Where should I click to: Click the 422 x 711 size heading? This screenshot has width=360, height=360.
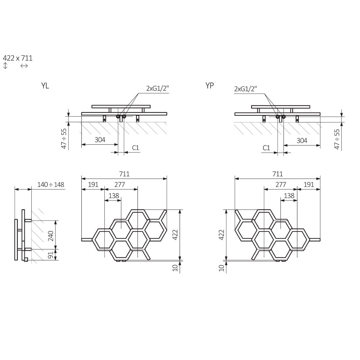(x=18, y=58)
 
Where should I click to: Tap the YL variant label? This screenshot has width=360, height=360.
(x=45, y=86)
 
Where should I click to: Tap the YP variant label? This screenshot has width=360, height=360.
(x=210, y=85)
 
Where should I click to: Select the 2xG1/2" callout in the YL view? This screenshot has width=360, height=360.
(x=158, y=88)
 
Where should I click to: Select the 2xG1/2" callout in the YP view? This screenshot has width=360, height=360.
(x=246, y=89)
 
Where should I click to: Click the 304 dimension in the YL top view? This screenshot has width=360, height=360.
(x=100, y=140)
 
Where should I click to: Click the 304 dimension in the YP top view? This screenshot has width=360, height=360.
(x=302, y=140)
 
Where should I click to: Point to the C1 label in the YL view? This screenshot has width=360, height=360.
(x=135, y=148)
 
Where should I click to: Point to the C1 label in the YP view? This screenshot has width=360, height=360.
(x=266, y=148)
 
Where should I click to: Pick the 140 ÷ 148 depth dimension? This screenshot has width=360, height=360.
(x=51, y=185)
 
